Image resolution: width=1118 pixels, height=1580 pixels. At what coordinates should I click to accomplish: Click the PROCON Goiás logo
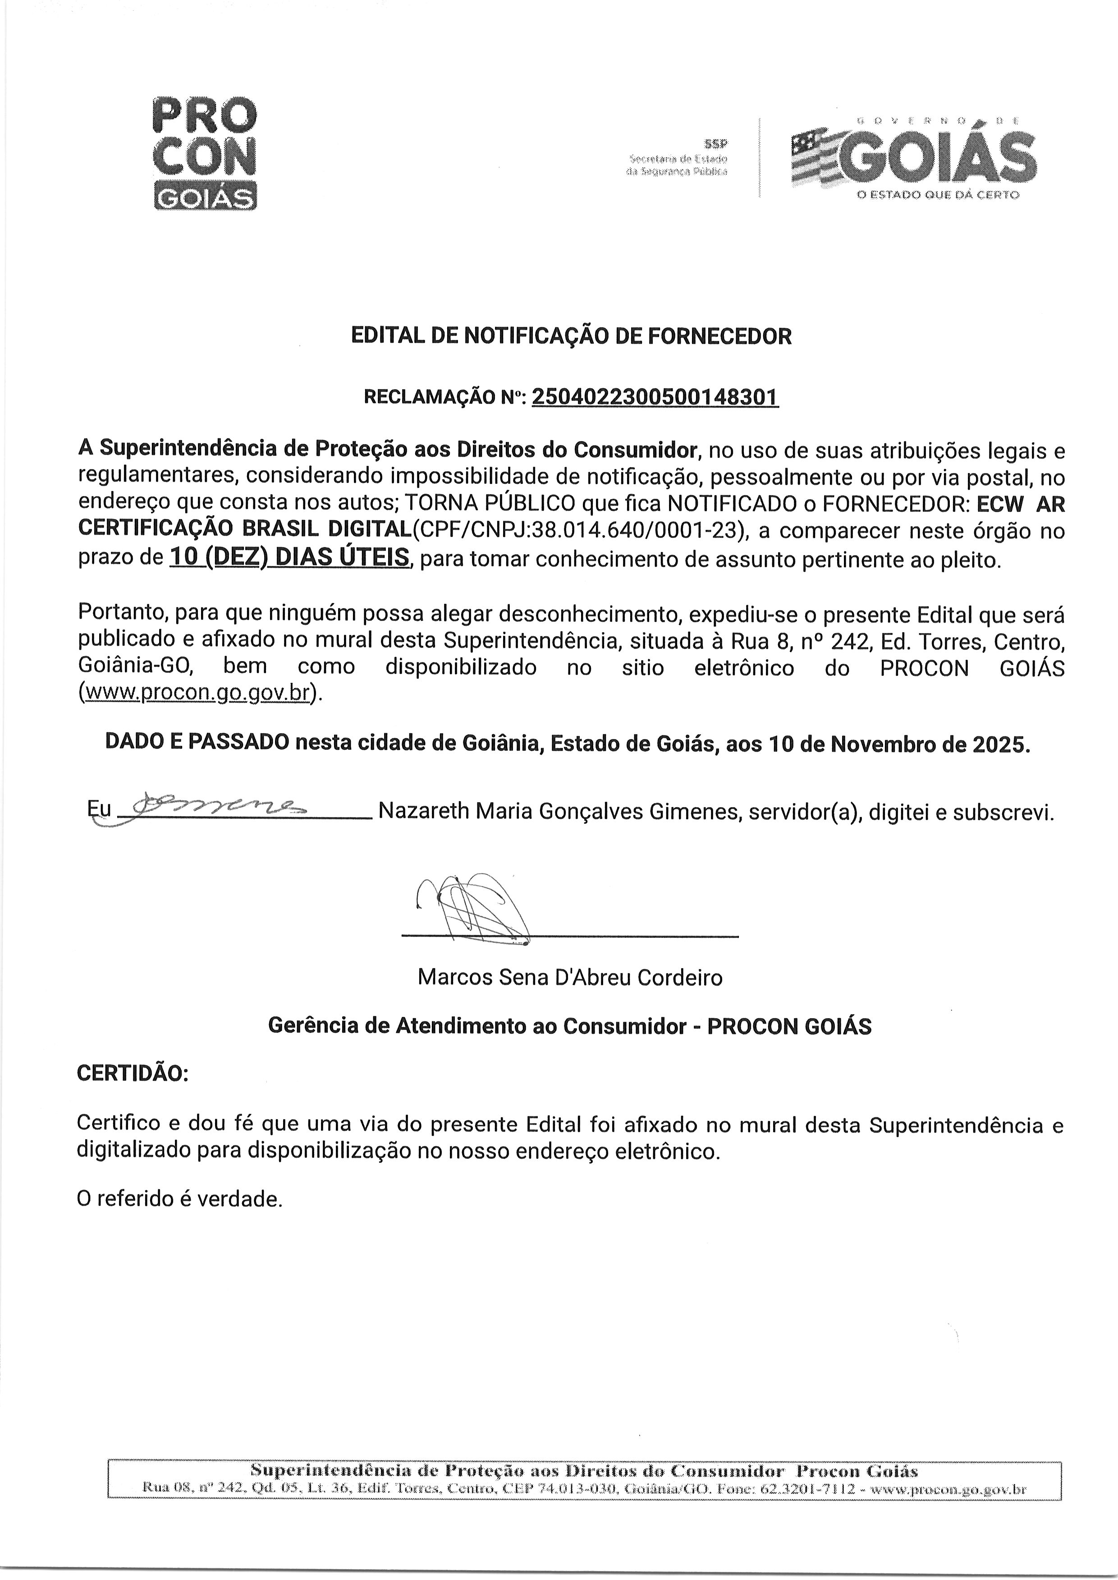(x=204, y=153)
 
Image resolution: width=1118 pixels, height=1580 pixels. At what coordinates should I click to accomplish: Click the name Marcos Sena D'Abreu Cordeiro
(x=570, y=978)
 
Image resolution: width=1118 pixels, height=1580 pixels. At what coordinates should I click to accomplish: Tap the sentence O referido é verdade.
(x=180, y=1199)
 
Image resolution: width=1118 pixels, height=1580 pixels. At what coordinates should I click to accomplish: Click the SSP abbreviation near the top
(x=715, y=144)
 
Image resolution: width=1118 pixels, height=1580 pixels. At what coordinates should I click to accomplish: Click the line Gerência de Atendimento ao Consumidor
(x=477, y=1026)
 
